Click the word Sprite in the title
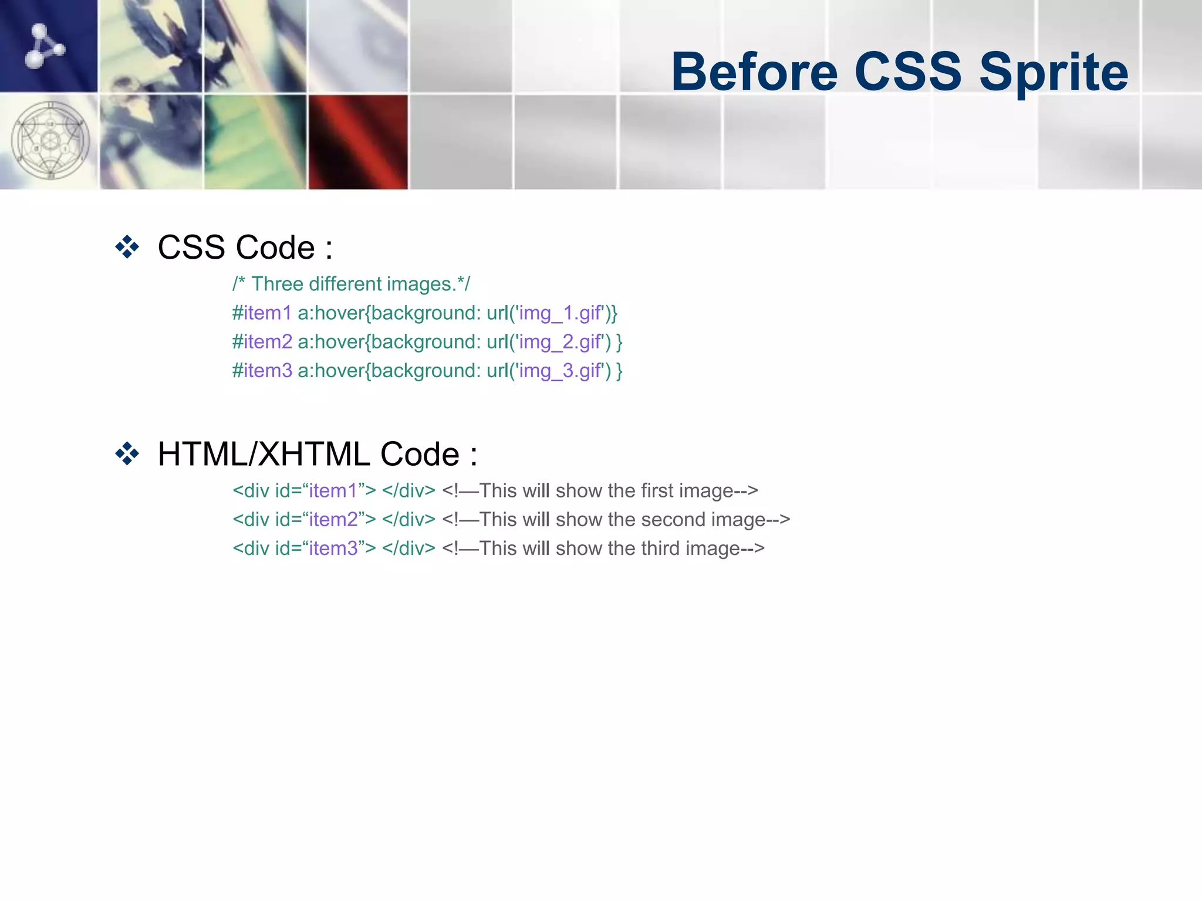(1054, 72)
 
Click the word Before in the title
(754, 72)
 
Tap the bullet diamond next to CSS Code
(127, 247)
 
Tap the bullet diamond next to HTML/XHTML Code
(127, 454)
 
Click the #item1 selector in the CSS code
(262, 313)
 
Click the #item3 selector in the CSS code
(262, 371)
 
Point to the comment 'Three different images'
(352, 284)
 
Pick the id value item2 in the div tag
(333, 520)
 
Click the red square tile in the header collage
(358, 142)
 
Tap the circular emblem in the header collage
(50, 141)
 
